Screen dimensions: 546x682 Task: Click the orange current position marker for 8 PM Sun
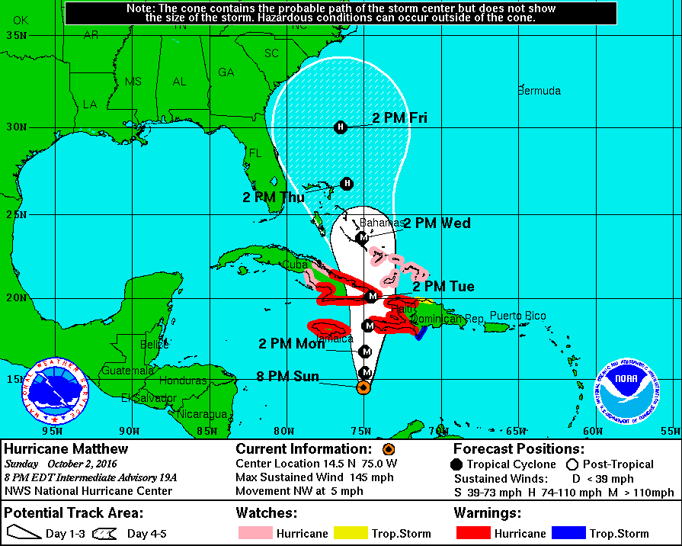tap(363, 387)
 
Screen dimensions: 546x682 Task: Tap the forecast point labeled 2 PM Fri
tap(341, 127)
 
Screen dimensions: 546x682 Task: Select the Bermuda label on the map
tap(539, 91)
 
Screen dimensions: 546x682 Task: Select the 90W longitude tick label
tap(130, 431)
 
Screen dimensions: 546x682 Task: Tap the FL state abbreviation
tap(255, 153)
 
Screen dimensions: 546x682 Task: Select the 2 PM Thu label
tap(274, 197)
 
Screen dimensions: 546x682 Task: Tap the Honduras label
tap(184, 381)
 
